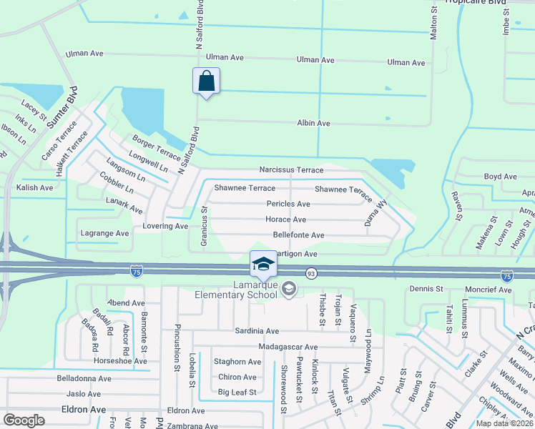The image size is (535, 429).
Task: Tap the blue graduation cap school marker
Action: (x=263, y=264)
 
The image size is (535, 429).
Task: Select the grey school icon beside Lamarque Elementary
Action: (x=289, y=290)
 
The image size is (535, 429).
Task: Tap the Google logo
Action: (x=24, y=420)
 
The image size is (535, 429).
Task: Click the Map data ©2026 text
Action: (x=505, y=423)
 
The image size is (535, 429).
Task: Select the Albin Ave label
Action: (x=313, y=124)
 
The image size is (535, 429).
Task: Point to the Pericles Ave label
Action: (x=288, y=204)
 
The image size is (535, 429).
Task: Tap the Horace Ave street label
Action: (x=286, y=220)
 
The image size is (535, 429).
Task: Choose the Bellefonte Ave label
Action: (x=298, y=235)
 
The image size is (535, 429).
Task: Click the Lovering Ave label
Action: (x=165, y=226)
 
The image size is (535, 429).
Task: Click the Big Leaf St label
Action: (x=237, y=392)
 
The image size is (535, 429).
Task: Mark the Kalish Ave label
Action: (x=34, y=187)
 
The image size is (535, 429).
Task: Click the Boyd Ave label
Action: (x=500, y=177)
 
